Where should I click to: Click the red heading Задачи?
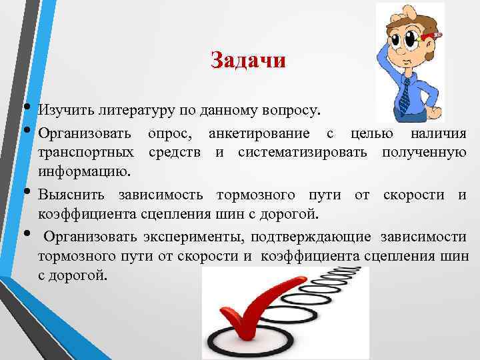(x=248, y=61)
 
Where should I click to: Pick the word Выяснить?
(x=73, y=195)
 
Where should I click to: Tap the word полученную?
(x=424, y=153)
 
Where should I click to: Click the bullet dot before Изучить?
(x=26, y=106)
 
